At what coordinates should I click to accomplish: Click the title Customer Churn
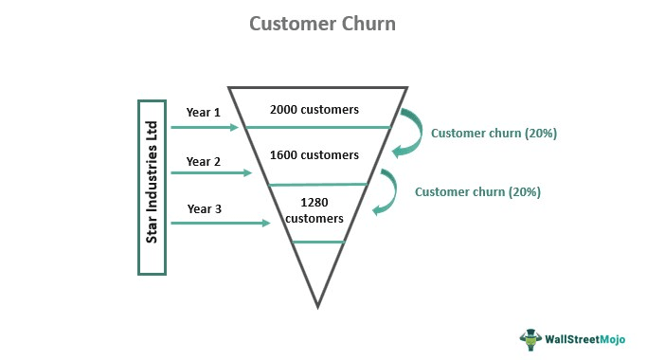(x=322, y=23)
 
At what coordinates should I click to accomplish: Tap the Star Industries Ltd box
(x=152, y=187)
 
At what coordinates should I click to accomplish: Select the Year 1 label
(x=204, y=112)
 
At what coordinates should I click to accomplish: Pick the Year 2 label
(x=204, y=161)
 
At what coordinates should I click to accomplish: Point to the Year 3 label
(x=204, y=208)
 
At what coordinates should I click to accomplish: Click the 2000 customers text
(x=315, y=109)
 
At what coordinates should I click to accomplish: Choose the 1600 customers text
(x=315, y=154)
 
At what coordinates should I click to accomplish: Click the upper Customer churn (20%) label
(x=494, y=134)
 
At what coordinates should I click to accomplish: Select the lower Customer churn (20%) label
(x=477, y=191)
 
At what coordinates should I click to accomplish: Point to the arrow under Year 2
(x=210, y=173)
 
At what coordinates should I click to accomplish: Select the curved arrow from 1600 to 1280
(x=388, y=192)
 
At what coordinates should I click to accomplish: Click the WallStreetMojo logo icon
(x=529, y=337)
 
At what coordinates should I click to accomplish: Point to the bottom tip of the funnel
(x=318, y=305)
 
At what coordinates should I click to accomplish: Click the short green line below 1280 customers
(x=317, y=243)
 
